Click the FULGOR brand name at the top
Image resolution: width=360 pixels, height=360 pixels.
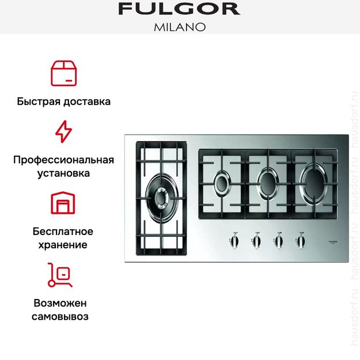[x=179, y=9]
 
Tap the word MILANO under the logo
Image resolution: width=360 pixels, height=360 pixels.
[x=179, y=27]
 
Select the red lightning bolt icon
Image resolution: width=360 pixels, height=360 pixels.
[x=63, y=132]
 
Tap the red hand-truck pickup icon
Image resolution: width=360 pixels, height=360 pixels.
[x=60, y=275]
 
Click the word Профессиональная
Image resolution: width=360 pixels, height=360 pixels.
[x=63, y=160]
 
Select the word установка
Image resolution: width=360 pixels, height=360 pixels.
[x=63, y=173]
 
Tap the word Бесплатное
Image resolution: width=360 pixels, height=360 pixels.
[x=63, y=232]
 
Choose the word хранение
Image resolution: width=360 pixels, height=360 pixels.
[x=63, y=245]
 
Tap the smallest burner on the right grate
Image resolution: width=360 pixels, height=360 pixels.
[x=223, y=184]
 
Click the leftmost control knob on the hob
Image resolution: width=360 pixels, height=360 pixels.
[x=234, y=241]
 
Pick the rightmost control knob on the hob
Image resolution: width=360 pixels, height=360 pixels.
[x=300, y=241]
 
